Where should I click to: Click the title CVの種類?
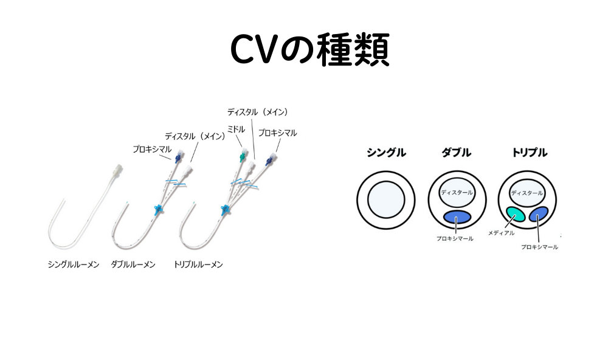tap(309, 50)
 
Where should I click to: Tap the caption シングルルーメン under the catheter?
tap(74, 265)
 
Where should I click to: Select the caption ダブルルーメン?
tap(133, 265)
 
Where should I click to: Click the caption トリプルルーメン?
tap(198, 265)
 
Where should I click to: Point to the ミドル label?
tap(236, 129)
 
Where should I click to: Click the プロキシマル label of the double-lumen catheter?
tap(152, 148)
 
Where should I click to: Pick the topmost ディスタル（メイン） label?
tap(257, 112)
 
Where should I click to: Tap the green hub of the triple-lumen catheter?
tap(242, 157)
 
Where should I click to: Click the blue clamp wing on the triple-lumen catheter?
tap(225, 211)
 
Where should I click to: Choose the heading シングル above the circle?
tap(386, 153)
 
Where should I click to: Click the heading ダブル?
tap(456, 153)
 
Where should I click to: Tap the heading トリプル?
tap(527, 153)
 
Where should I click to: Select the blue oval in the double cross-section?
tap(457, 217)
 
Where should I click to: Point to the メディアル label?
tap(502, 233)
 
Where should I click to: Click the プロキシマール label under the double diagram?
tap(455, 239)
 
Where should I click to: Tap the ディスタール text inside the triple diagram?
tap(527, 193)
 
